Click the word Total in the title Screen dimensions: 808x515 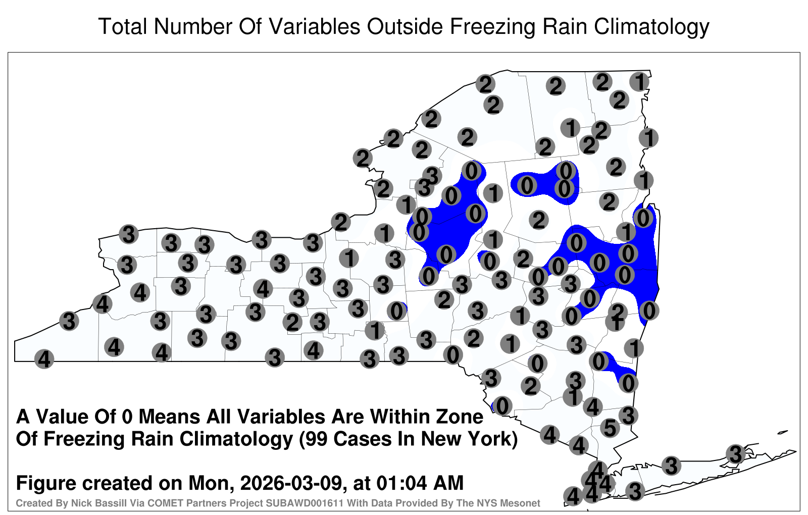(x=123, y=26)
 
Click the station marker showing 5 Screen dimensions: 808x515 (x=610, y=428)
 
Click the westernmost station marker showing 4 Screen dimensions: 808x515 (x=44, y=359)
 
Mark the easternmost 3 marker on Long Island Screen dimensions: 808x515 (x=735, y=454)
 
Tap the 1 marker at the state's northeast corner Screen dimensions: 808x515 (x=639, y=82)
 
